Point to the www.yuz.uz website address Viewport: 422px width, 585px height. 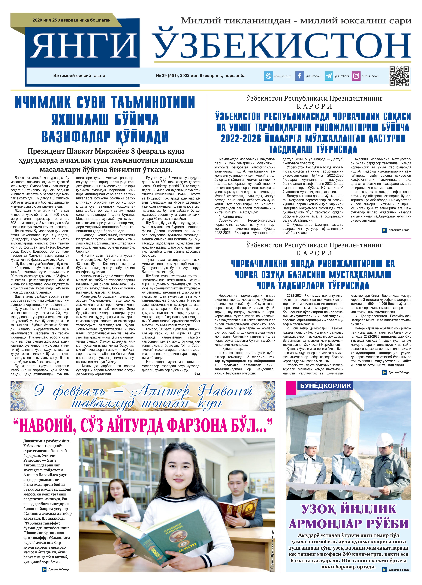[282, 76]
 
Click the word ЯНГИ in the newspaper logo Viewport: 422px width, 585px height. [84, 46]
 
